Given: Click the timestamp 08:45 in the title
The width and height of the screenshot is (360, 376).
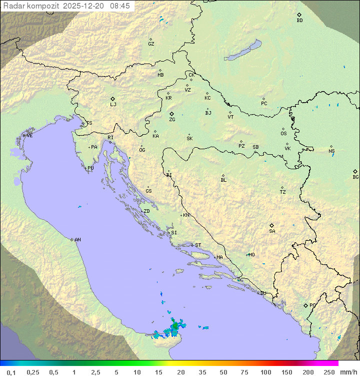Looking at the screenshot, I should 120,6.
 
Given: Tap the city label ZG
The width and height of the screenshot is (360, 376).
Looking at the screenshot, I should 172,120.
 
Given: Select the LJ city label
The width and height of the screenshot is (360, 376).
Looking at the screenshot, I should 113,105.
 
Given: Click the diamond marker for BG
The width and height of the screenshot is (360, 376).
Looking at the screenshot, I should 355,171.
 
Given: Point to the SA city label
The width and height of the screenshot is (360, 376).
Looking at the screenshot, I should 272,231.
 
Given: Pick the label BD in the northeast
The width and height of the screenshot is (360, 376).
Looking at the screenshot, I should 299,21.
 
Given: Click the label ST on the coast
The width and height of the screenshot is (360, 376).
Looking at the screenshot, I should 198,245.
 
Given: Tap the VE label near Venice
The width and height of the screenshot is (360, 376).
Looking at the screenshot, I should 29,136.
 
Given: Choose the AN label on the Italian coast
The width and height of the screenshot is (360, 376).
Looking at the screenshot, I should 77,240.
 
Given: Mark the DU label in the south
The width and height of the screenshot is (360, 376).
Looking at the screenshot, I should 263,293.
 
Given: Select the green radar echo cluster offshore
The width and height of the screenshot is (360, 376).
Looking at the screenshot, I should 173,328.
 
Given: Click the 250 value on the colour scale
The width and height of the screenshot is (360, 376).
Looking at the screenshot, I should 329,372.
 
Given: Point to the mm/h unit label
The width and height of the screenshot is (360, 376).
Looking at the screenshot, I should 348,372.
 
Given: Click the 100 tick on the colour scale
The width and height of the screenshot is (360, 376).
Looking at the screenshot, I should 265,372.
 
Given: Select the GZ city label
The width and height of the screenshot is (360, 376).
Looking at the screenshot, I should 151,44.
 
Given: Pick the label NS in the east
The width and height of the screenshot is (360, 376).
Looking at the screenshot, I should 331,151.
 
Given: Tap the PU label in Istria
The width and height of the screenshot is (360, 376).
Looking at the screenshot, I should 90,168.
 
